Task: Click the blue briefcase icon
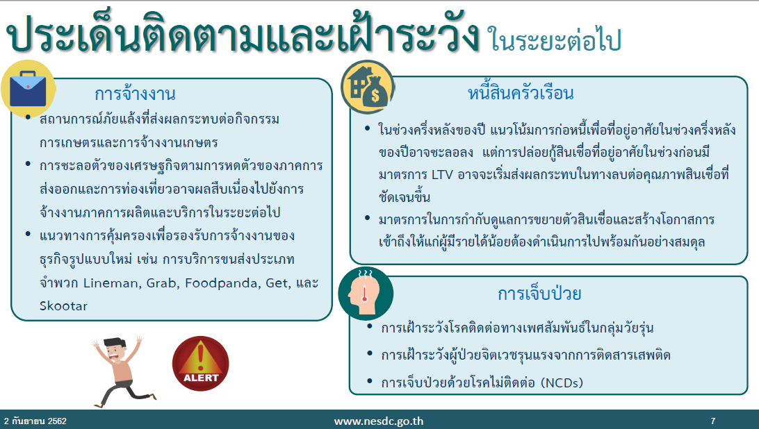click(28, 89)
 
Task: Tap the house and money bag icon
click(368, 87)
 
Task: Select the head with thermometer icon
click(366, 293)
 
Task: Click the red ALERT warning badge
click(200, 363)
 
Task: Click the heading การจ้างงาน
click(135, 94)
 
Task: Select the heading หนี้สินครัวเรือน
click(521, 92)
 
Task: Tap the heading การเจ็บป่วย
click(539, 293)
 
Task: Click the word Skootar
click(63, 306)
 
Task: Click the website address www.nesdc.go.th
click(379, 421)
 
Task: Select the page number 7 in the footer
click(712, 421)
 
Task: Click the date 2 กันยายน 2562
click(35, 421)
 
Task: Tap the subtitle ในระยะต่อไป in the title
click(554, 39)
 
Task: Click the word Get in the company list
click(277, 283)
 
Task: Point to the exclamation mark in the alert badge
click(200, 357)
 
